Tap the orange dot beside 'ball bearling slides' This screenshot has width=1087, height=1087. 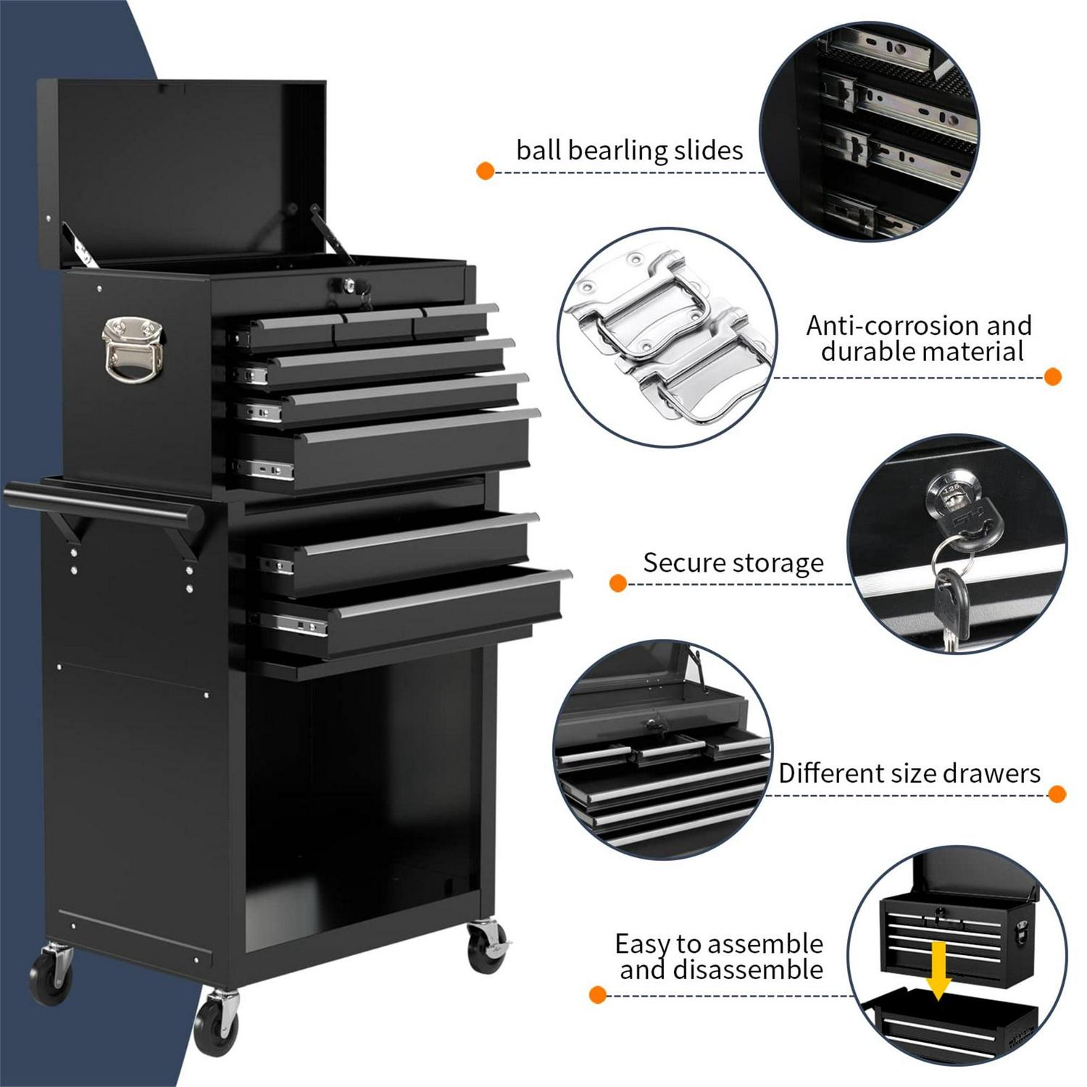pos(486,171)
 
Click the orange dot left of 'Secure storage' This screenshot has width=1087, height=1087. pos(618,583)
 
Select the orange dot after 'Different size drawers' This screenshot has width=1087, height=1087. pos(1057,794)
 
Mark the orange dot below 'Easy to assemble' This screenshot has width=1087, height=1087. pos(597,995)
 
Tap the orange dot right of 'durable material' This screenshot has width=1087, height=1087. pos(1053,377)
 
